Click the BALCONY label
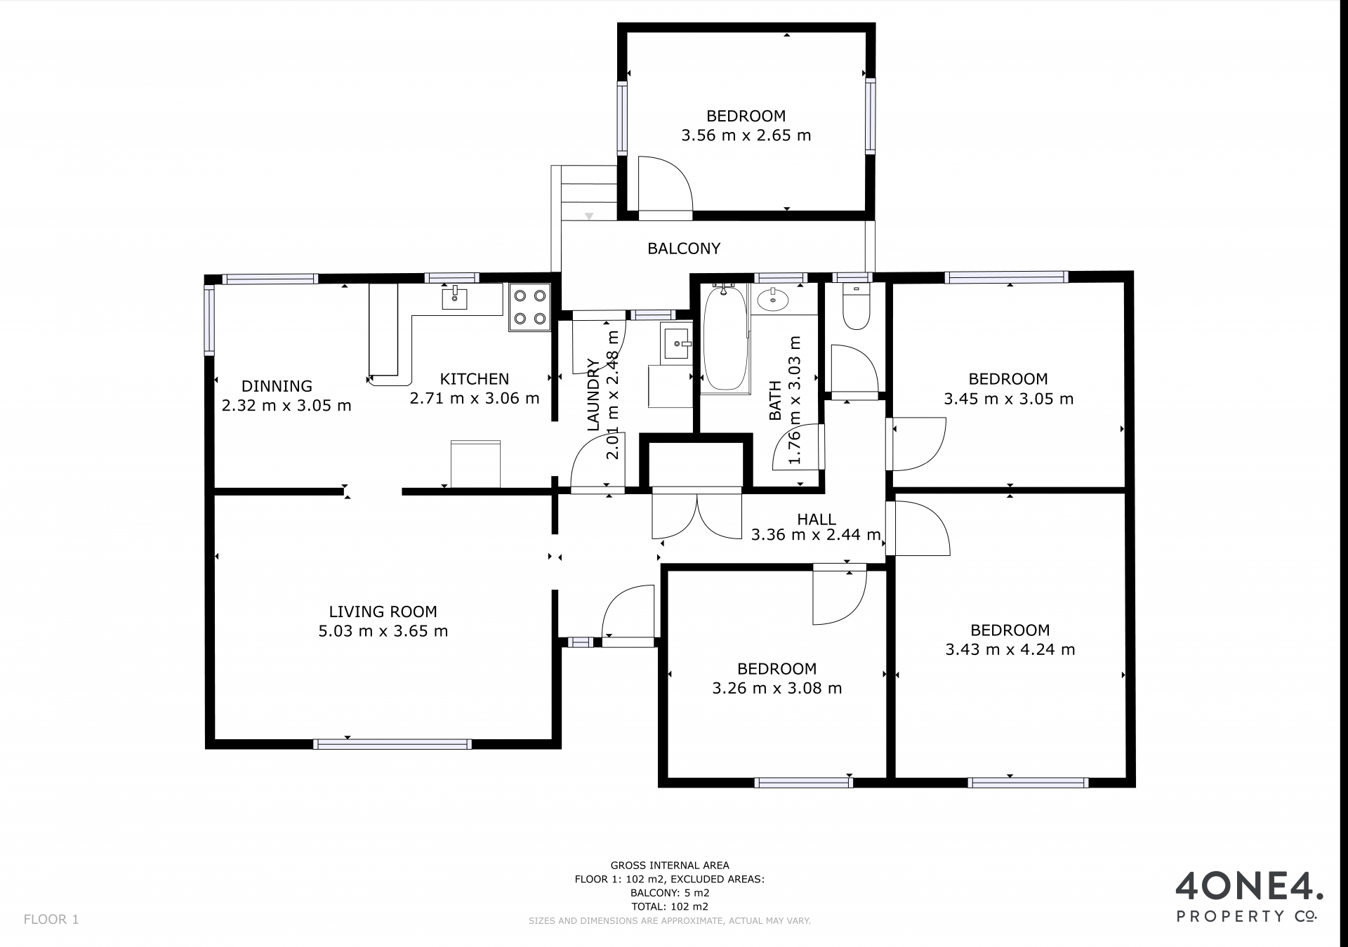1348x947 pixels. [683, 248]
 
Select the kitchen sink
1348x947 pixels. [454, 298]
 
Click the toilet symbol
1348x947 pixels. [856, 307]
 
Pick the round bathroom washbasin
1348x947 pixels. [773, 299]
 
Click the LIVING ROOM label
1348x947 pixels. [383, 611]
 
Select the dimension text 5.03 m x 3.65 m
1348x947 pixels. [383, 631]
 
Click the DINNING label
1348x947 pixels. [277, 385]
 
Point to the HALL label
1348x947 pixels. [817, 519]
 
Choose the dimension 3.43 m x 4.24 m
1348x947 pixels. [1010, 649]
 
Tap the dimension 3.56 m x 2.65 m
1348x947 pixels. [746, 135]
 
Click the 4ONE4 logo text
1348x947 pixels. [1250, 886]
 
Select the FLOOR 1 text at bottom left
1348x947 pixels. [51, 919]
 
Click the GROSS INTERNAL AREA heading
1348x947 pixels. [670, 866]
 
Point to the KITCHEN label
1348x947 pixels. [474, 379]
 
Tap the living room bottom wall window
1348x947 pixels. [392, 744]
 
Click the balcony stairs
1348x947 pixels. [585, 193]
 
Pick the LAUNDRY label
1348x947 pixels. [593, 395]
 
